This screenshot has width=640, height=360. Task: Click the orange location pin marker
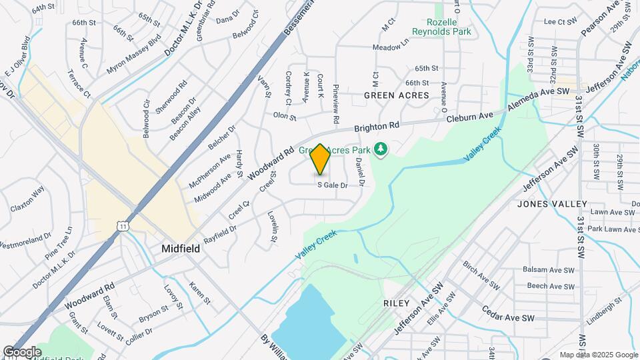coord(320,160)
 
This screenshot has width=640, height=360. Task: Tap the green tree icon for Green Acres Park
coord(381,150)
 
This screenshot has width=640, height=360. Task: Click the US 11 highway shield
coord(122,227)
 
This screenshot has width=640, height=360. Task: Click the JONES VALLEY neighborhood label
coord(551,204)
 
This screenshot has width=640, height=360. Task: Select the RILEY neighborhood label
coord(396,303)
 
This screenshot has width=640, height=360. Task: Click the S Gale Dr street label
coord(333,185)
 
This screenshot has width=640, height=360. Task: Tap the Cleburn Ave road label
coord(470,116)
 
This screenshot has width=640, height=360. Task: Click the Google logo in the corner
coord(22,351)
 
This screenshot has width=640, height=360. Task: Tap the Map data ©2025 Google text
coord(599,355)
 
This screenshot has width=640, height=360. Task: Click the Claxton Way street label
coord(27,199)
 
